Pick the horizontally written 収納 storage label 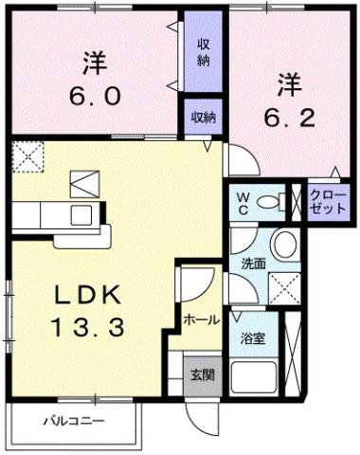click(203, 118)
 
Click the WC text click(243, 201)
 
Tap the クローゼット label click(328, 203)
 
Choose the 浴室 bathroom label click(251, 337)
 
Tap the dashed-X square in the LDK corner click(29, 154)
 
